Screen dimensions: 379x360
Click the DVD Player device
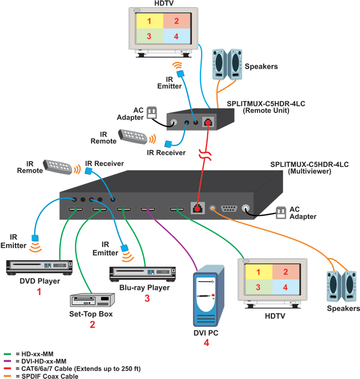[39, 267]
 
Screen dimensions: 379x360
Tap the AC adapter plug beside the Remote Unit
[152, 112]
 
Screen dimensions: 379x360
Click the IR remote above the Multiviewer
[58, 167]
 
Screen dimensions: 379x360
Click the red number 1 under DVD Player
[39, 292]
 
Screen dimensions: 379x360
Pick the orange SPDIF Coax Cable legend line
[7, 376]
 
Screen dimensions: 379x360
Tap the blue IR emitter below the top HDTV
[179, 74]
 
